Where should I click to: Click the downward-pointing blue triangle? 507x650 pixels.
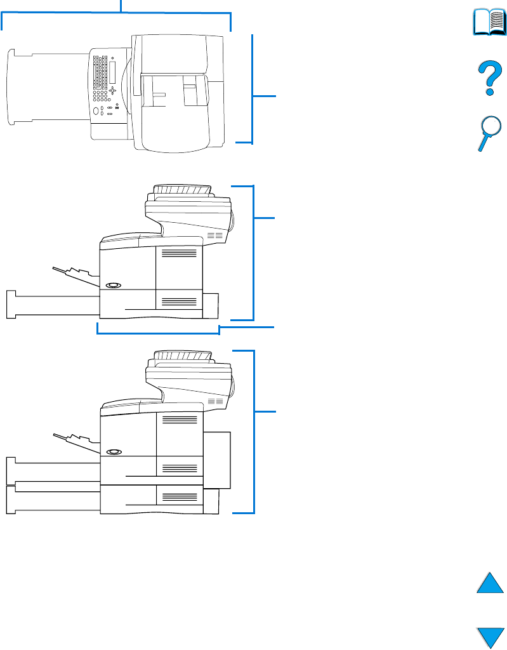[490, 637]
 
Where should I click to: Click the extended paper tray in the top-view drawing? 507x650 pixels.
[48, 87]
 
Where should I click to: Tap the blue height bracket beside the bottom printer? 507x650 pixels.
[255, 432]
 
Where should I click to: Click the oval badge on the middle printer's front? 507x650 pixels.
[114, 285]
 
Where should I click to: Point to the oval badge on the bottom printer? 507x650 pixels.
[114, 451]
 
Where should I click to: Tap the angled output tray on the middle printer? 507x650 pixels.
[76, 273]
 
